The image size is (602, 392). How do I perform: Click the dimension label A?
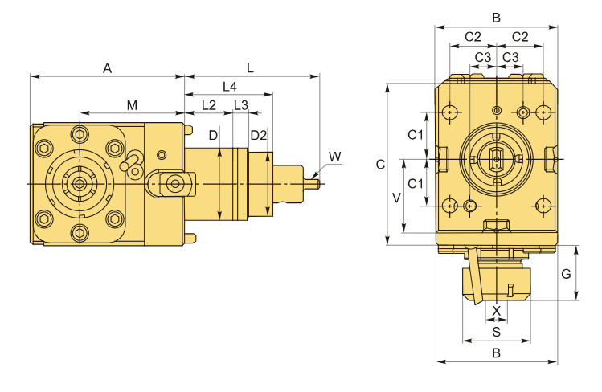coord(107,69)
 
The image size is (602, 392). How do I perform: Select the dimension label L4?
coord(228,86)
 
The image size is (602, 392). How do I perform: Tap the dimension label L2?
coord(208,105)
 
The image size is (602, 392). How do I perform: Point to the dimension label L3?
coord(240,105)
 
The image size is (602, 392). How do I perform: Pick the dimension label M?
coord(132,105)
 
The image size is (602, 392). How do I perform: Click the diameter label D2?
coord(257,135)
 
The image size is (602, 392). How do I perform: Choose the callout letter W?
coord(334,155)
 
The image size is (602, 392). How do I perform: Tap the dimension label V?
coord(395,197)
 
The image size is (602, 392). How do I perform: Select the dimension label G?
coord(566,274)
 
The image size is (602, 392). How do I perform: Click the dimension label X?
coord(496,310)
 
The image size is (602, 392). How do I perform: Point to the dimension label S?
coord(496,330)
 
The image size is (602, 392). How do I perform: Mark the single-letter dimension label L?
coord(251,69)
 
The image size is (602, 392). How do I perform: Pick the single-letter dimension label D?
coord(213,135)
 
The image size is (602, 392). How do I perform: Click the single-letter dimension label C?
coord(380,164)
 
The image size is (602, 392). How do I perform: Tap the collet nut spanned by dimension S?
coord(496,285)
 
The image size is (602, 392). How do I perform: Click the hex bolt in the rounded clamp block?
coord(174,183)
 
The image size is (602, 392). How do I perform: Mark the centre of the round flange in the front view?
coord(497,159)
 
